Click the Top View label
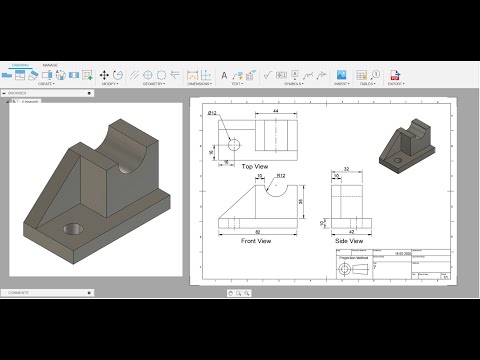(x=255, y=166)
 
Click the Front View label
(x=257, y=241)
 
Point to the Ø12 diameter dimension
(x=213, y=113)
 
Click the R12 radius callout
(x=281, y=176)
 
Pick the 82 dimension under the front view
(x=258, y=231)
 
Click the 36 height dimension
(x=301, y=201)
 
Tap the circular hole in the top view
(x=234, y=144)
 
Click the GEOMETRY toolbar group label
(x=154, y=84)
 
